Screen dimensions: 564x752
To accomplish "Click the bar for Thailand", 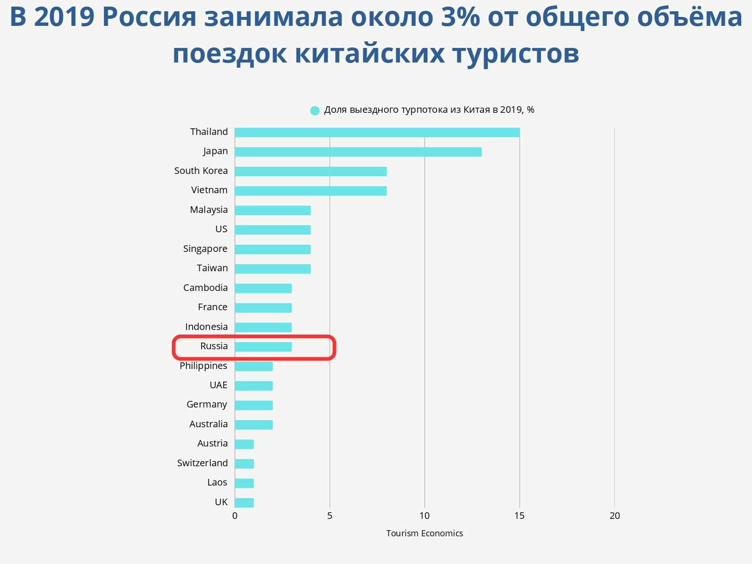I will pos(377,133).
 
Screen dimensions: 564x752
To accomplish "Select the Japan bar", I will pos(358,152).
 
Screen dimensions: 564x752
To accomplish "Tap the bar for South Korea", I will pos(311,172).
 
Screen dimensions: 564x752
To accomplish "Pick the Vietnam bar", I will pos(311,191).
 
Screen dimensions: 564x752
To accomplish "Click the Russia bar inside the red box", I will pos(263,347).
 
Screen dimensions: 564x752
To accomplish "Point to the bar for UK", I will pos(244,503).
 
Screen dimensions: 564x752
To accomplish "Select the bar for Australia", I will pos(254,425).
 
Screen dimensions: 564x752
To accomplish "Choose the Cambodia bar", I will pos(263,289).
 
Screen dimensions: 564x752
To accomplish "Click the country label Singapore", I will pos(205,249).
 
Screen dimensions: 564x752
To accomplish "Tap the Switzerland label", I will pos(203,463).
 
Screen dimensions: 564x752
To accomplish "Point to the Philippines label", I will pos(204,366).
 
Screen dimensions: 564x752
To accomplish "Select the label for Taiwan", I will pos(212,268).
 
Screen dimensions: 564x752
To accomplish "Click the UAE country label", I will pos(219,385).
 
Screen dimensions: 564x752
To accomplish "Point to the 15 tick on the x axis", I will pos(519,516).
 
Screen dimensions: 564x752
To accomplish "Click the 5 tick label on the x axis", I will pos(329,516).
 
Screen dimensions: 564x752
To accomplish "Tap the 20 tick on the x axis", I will pos(614,516).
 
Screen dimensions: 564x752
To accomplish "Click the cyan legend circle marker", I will pos(315,110).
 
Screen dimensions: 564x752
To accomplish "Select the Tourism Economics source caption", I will pos(424,533).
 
